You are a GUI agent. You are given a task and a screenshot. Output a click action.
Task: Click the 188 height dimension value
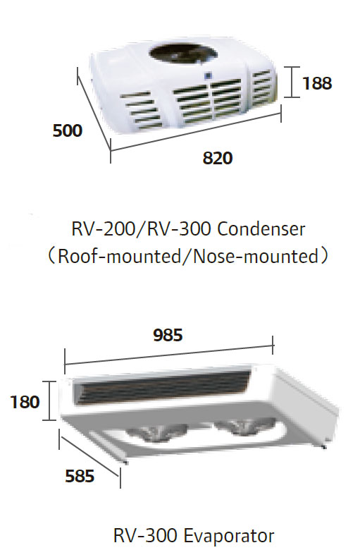click(317, 83)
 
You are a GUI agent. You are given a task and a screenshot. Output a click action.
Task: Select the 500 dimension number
click(68, 130)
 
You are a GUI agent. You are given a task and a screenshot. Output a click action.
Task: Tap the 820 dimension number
click(217, 158)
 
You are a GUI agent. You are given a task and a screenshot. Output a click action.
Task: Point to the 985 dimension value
click(168, 335)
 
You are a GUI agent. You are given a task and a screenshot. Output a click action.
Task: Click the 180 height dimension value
click(25, 402)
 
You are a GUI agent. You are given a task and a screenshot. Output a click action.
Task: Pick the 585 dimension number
click(80, 476)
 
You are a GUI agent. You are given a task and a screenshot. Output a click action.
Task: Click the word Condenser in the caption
click(261, 229)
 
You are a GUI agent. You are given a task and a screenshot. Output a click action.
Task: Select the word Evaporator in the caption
click(229, 536)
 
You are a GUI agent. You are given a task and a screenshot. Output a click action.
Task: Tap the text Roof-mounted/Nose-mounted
click(188, 257)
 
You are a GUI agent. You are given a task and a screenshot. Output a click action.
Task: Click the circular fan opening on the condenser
click(183, 54)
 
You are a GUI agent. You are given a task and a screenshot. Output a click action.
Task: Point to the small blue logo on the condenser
click(209, 75)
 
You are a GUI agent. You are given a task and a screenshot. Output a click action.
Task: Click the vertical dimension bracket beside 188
click(292, 82)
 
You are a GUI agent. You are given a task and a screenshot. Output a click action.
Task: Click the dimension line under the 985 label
click(169, 355)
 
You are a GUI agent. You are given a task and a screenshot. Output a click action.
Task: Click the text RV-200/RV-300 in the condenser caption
click(142, 229)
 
